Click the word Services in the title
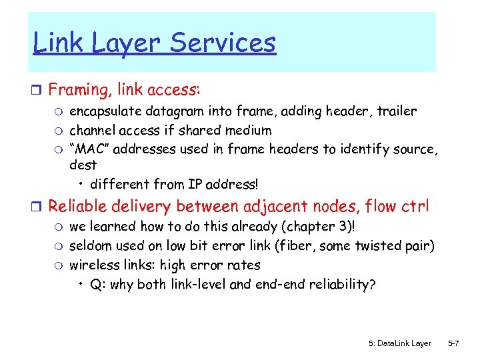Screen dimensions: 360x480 click(x=223, y=43)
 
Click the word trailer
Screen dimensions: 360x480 click(x=395, y=111)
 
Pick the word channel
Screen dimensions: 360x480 click(x=93, y=130)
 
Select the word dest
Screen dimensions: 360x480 click(x=83, y=165)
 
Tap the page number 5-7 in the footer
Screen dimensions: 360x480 click(x=453, y=343)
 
